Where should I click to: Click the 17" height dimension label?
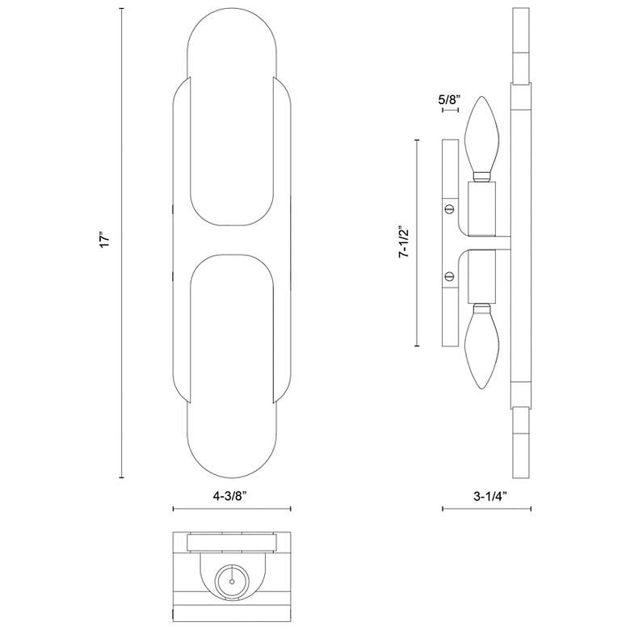[x=104, y=241]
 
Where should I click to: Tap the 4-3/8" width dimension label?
[x=229, y=496]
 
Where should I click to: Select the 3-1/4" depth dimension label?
[x=489, y=497]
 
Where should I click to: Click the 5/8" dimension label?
[x=449, y=99]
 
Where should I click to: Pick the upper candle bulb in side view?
[x=482, y=137]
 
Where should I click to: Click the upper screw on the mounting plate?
[x=450, y=208]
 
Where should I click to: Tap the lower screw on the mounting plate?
[x=450, y=276]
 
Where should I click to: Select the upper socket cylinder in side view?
[x=482, y=208]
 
